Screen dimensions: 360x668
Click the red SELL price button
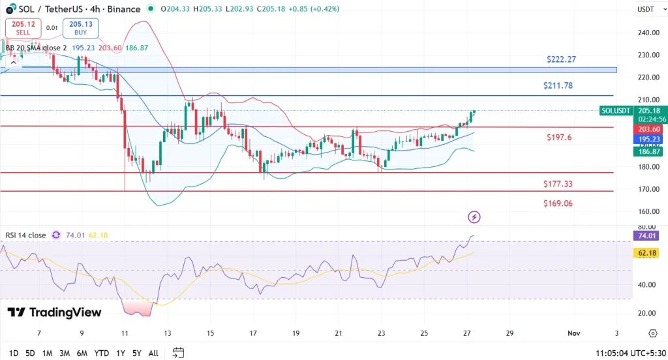[23, 28]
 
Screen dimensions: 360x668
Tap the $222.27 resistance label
[562, 59]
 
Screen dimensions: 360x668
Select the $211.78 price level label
[558, 85]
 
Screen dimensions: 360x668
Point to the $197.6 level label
[559, 138]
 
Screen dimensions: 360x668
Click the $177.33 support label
[558, 184]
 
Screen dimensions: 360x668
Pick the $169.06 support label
[558, 203]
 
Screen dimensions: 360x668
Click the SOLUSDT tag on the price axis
[616, 111]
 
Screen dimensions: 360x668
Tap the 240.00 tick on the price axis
[647, 33]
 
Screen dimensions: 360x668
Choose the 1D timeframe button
[13, 353]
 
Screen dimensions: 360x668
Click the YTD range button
[101, 353]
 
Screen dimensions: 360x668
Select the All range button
[153, 353]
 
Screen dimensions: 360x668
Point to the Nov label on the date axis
[574, 333]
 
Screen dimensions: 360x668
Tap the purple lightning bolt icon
[474, 217]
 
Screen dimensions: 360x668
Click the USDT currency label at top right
[645, 10]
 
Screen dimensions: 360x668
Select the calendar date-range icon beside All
[178, 353]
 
